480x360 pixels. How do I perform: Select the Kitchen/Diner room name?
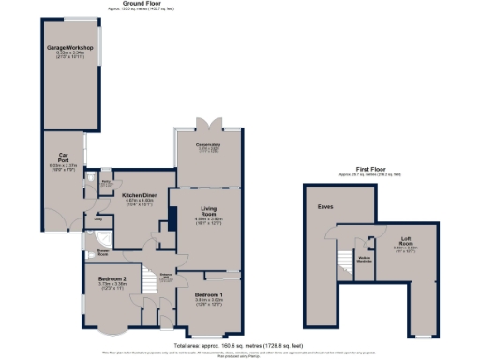point(138,196)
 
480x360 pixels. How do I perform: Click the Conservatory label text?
point(208,145)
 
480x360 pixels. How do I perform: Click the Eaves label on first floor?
point(325,206)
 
